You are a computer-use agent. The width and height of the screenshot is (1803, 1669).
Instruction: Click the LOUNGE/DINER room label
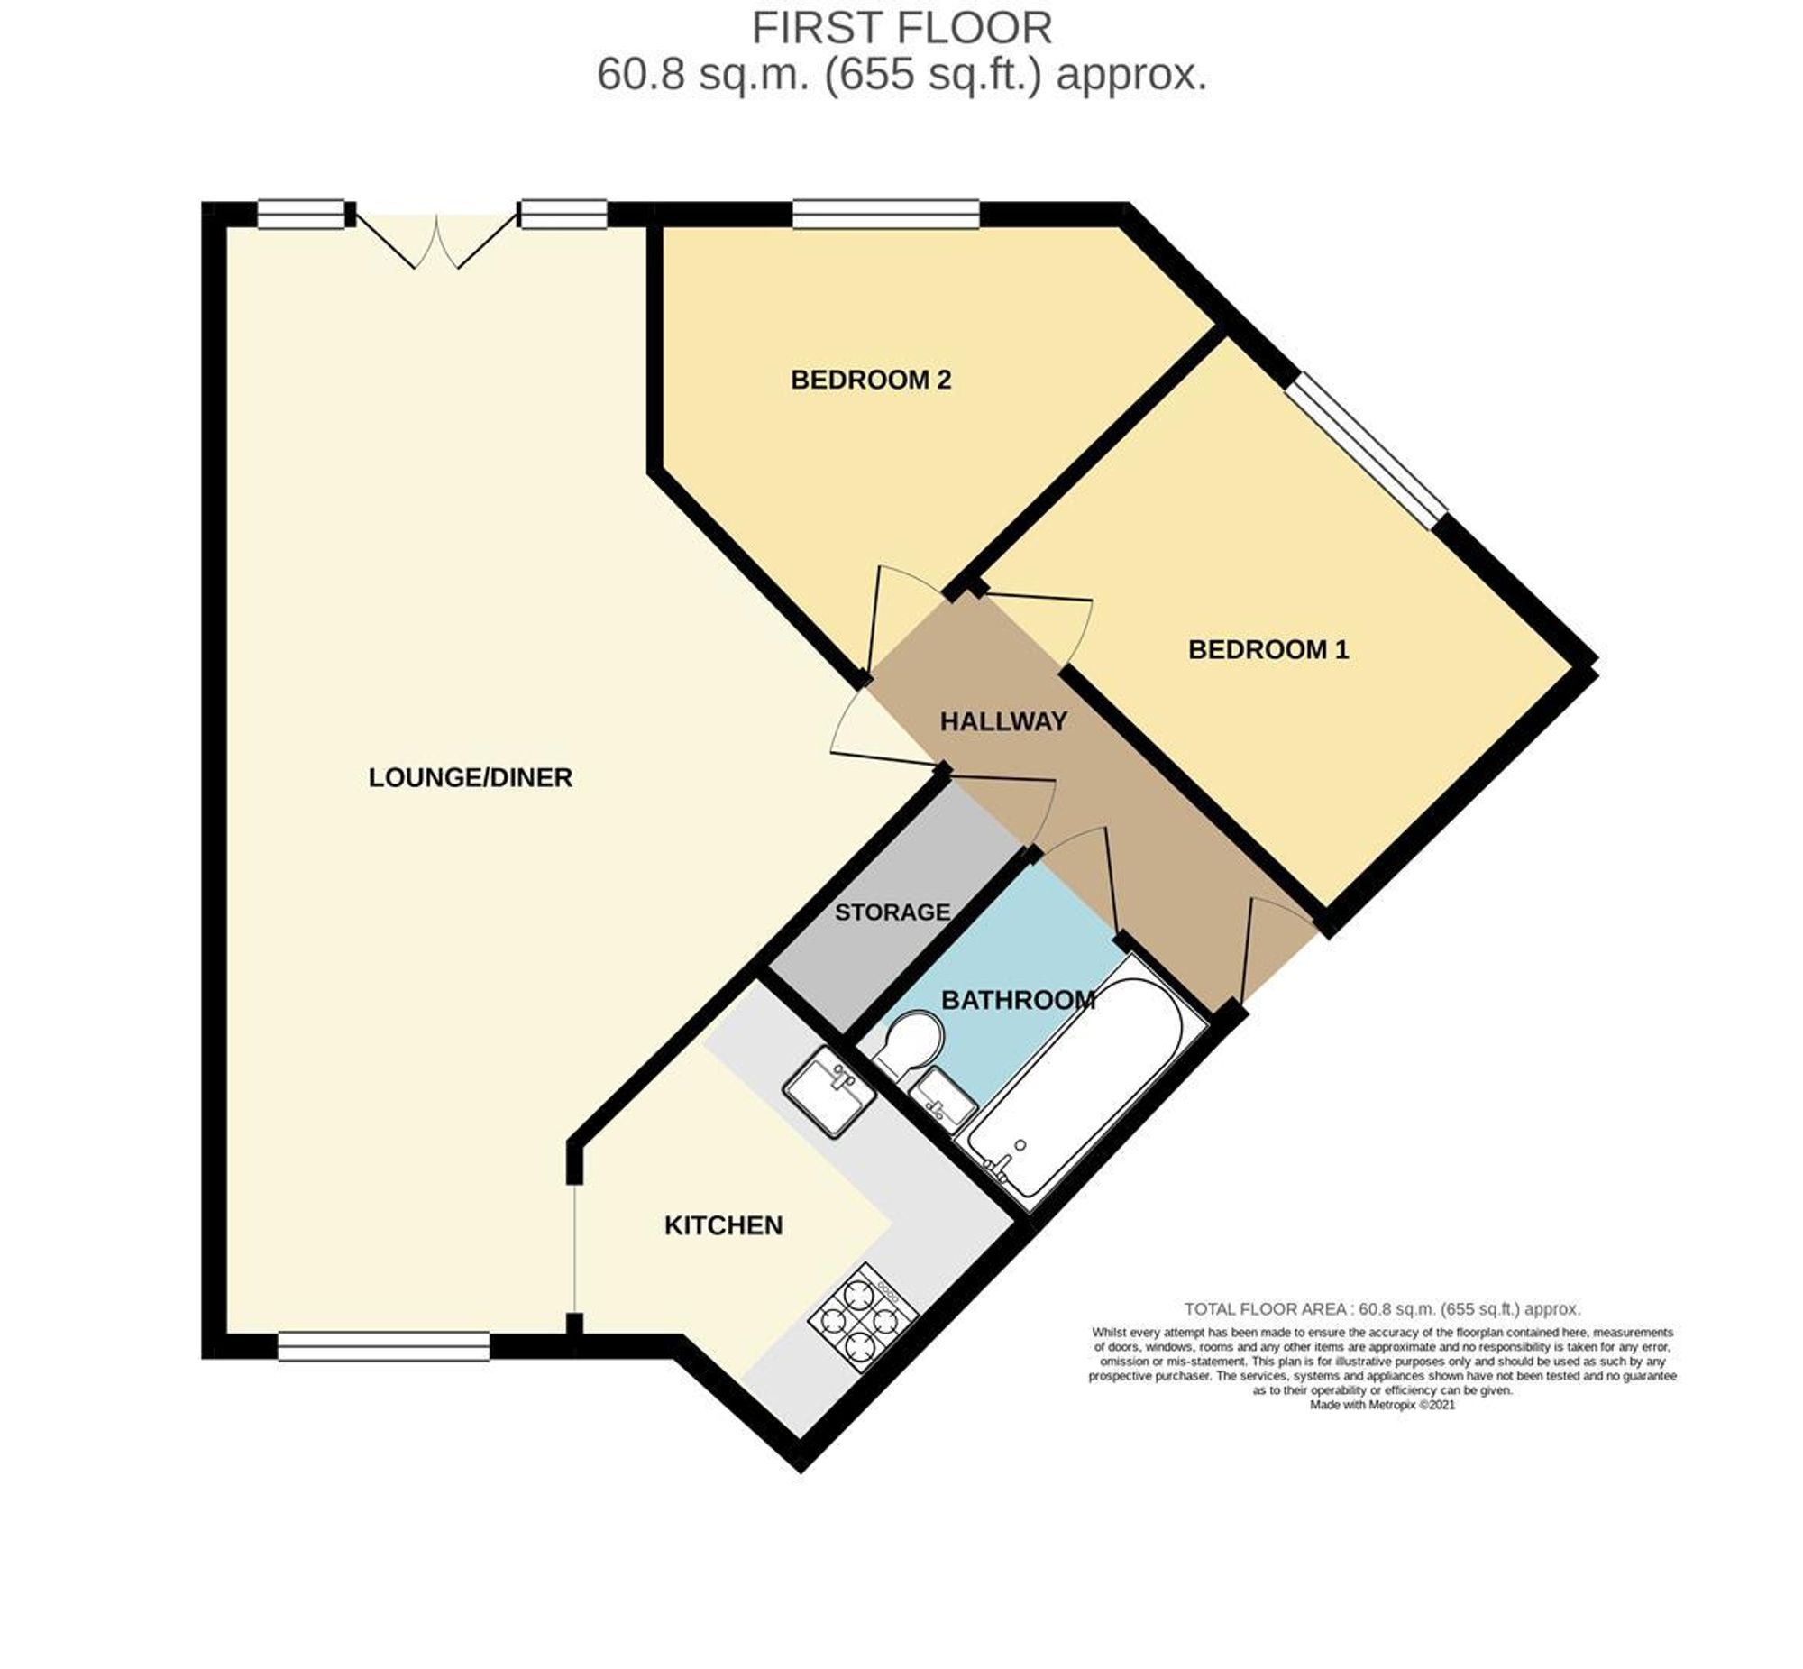coord(470,777)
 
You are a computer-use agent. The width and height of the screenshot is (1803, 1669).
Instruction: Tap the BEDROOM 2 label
coord(870,380)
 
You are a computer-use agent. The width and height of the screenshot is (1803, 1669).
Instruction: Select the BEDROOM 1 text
coord(1268,649)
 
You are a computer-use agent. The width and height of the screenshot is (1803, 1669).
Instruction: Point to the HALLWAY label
coord(1003,720)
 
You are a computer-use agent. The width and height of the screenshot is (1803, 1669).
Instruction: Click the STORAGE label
coord(892,912)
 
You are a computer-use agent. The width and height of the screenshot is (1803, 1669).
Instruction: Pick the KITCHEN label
coord(723,1225)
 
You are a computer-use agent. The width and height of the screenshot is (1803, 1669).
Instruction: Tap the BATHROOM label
coord(1018,1000)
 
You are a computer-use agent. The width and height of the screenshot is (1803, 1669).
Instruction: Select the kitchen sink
coord(828,1089)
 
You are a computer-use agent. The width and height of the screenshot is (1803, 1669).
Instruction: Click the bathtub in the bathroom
coord(1075,1083)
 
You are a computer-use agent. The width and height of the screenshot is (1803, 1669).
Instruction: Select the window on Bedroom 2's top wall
coord(884,214)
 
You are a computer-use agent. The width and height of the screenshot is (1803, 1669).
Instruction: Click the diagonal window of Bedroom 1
coord(1366,450)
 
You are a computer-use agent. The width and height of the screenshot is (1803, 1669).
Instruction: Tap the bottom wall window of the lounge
coord(384,1346)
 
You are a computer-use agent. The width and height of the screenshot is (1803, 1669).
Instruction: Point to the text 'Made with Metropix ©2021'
coord(1382,1406)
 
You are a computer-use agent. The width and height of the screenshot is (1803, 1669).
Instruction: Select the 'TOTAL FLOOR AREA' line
coord(1382,1308)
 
